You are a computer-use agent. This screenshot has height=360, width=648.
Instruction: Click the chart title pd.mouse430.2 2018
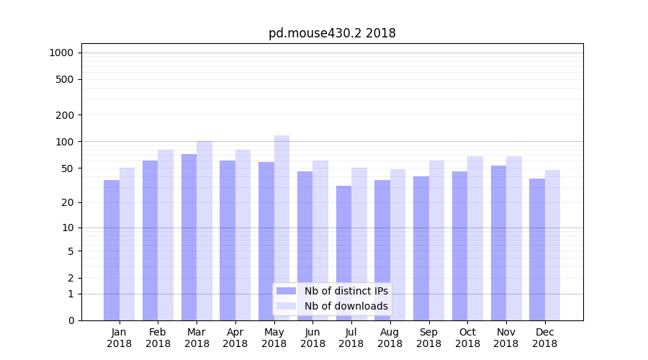click(x=332, y=33)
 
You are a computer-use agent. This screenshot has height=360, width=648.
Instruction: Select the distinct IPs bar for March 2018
click(x=189, y=237)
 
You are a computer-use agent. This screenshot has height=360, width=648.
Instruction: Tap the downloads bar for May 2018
click(x=282, y=228)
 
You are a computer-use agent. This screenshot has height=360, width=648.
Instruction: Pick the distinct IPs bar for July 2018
click(x=343, y=253)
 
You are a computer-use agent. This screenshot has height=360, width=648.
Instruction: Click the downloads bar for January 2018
click(x=127, y=244)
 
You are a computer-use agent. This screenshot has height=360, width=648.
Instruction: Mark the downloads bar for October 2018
click(x=475, y=238)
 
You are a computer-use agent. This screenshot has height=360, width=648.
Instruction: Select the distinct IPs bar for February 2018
click(x=150, y=240)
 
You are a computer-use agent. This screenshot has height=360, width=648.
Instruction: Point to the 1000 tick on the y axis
click(x=61, y=53)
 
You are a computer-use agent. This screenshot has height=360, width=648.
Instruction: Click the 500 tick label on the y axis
click(x=65, y=79)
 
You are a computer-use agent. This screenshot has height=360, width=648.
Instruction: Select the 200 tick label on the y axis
click(x=65, y=115)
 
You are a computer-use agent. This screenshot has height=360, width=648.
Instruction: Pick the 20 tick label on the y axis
click(x=68, y=202)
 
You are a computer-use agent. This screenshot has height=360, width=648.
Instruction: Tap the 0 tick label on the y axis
click(x=71, y=320)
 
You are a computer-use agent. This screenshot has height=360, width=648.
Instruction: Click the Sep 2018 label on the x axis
click(x=428, y=338)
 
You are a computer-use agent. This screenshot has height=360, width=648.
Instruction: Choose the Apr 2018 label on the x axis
click(x=235, y=338)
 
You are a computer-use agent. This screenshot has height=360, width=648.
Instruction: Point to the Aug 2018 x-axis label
click(x=390, y=338)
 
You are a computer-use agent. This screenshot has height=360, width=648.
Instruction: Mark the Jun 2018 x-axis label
click(x=312, y=338)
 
